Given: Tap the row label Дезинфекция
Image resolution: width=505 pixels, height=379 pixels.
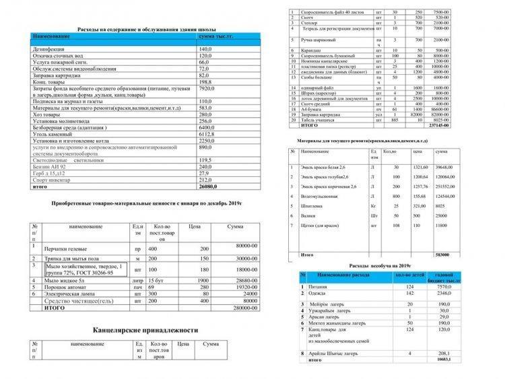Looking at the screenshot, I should pyautogui.click(x=52, y=50).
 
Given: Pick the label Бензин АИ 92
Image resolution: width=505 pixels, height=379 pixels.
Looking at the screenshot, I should pyautogui.click(x=52, y=166).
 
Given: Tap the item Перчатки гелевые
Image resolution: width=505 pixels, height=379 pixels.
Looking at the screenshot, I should pyautogui.click(x=68, y=248).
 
